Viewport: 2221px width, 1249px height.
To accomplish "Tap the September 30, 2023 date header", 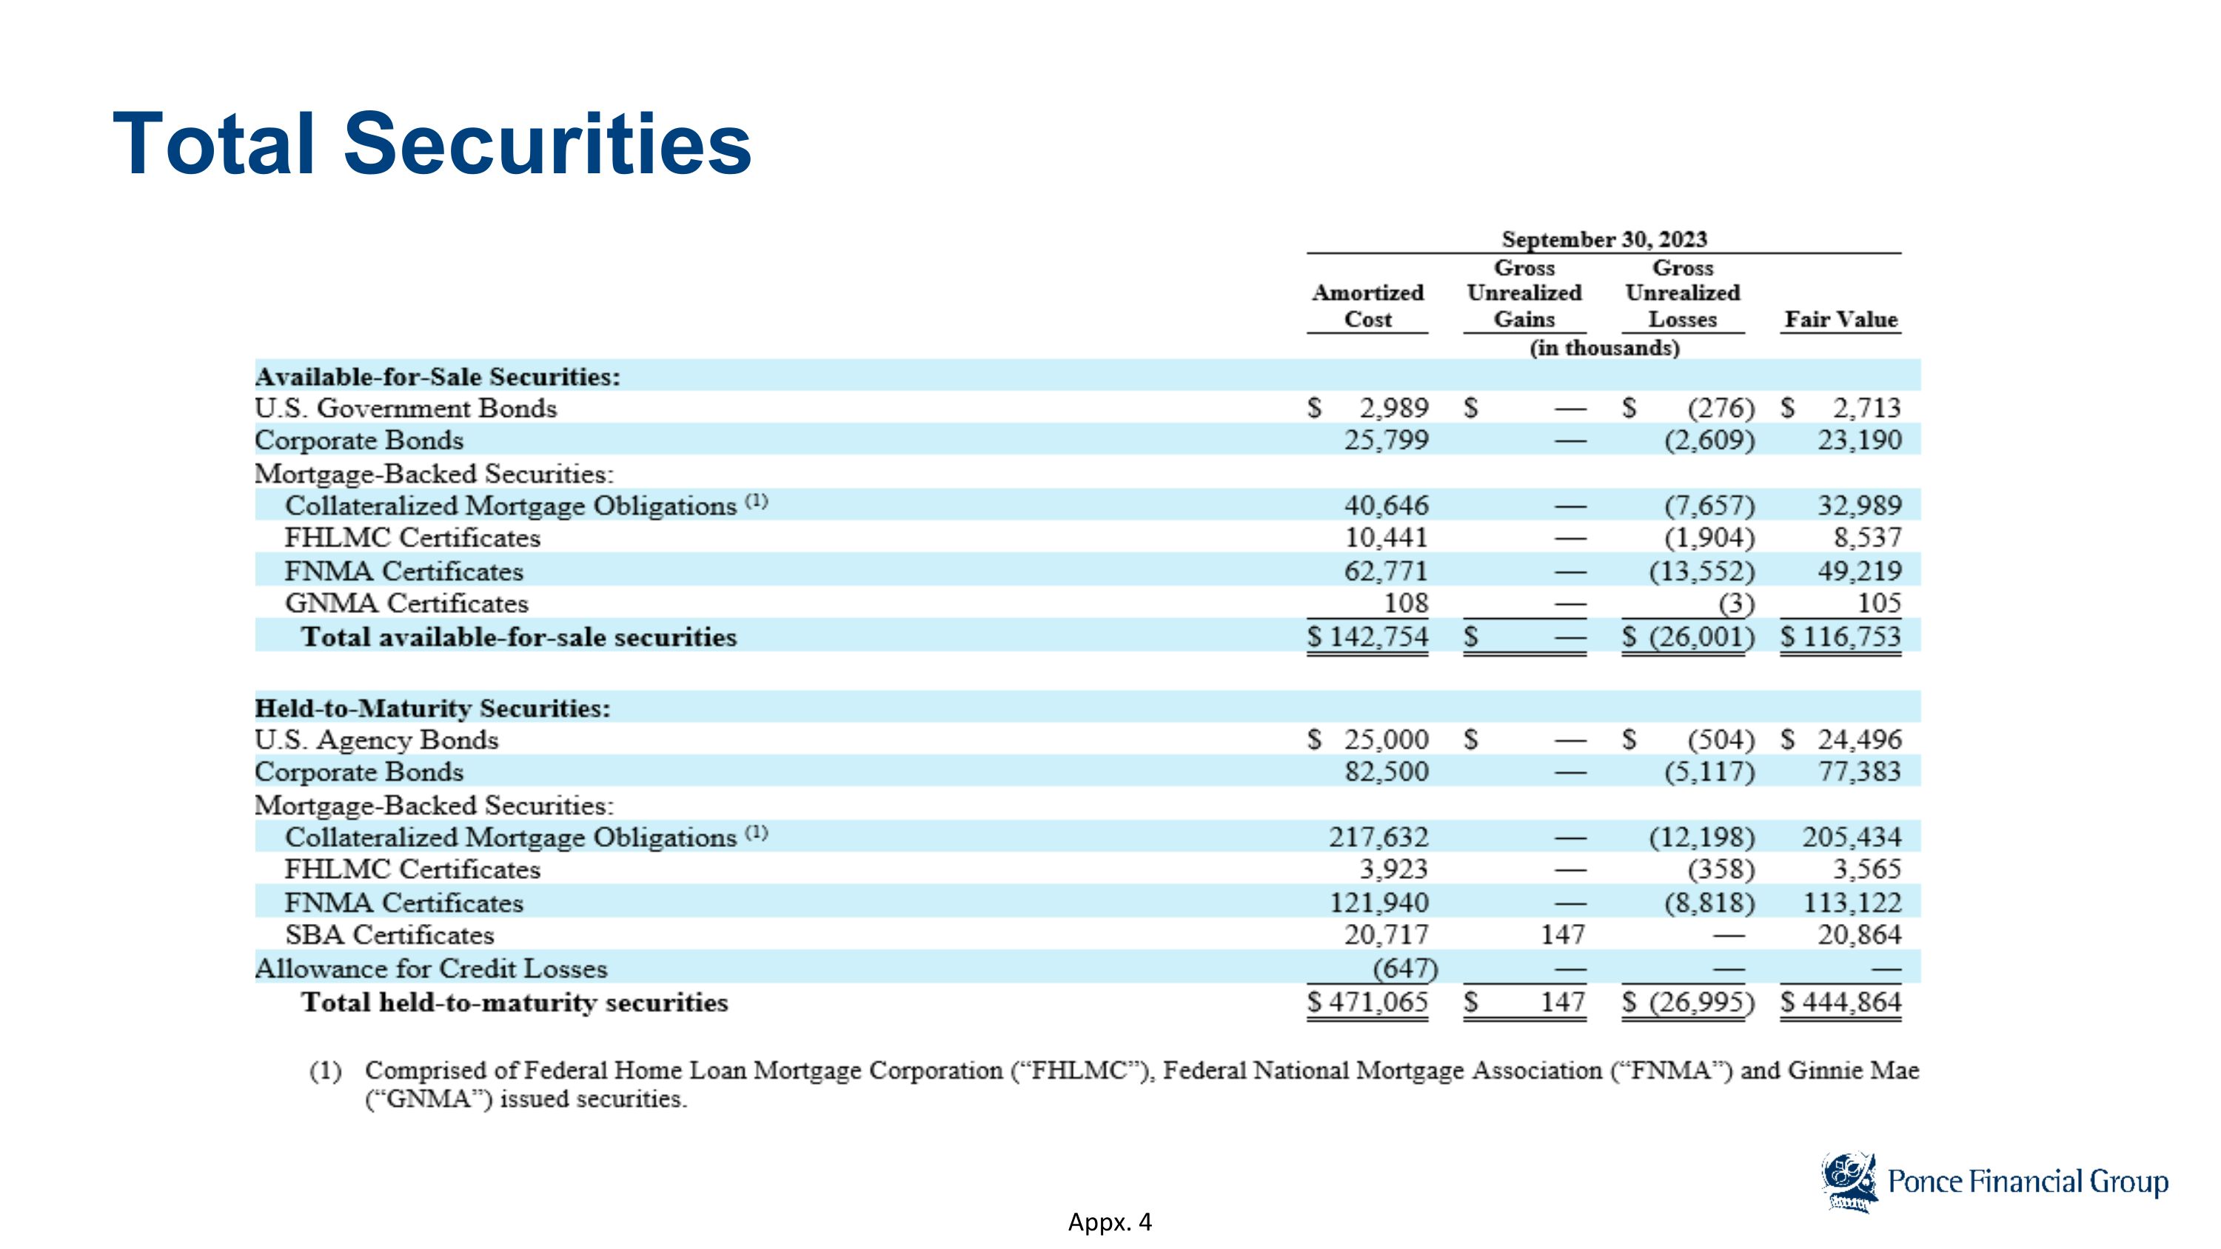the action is coord(1604,238).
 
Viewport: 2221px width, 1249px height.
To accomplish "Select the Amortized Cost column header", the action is coord(1367,306).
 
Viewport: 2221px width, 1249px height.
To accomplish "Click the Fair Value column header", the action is coord(1840,319).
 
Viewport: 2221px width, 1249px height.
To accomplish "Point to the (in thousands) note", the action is coord(1604,347).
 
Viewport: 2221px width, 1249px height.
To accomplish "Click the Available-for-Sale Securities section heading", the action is coord(437,377).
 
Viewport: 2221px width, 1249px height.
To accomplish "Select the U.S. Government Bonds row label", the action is coord(405,408).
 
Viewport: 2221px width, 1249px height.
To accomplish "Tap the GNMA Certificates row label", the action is coord(406,603).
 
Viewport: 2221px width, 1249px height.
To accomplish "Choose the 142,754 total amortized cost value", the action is coord(1377,637).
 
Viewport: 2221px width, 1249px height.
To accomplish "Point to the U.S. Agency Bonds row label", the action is coord(376,740).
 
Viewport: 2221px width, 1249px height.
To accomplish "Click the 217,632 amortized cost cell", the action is coord(1379,837).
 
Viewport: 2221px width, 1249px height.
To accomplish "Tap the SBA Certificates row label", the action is coord(389,935).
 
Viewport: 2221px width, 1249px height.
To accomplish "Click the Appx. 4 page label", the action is coord(1110,1222).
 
